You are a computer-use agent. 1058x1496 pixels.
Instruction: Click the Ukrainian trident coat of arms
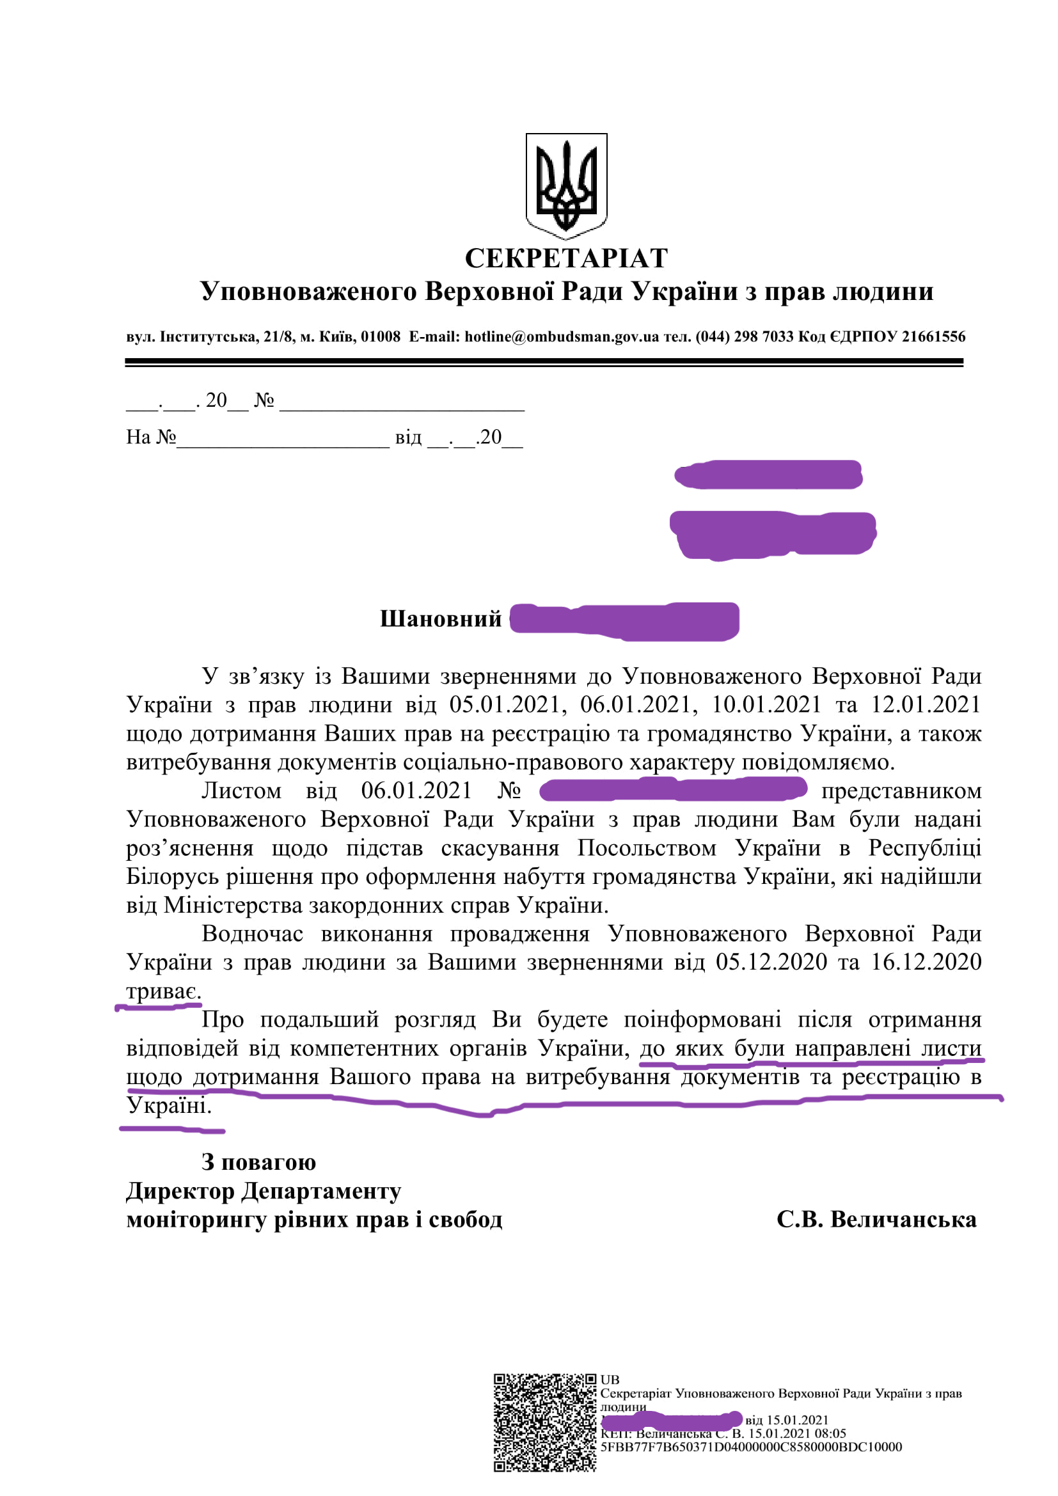tap(566, 185)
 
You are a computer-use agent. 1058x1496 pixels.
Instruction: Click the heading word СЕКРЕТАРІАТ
tap(566, 258)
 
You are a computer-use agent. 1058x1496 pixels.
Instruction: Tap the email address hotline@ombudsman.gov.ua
tap(562, 337)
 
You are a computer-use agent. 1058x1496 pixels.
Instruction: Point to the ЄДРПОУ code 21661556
tap(933, 337)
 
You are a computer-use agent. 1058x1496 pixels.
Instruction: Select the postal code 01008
tap(381, 337)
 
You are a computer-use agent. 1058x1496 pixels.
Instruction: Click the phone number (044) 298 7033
tap(745, 337)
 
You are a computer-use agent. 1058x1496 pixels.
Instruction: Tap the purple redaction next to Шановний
tap(624, 621)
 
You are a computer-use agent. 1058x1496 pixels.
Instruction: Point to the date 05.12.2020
tap(771, 962)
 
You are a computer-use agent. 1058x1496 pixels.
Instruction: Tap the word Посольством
tap(647, 847)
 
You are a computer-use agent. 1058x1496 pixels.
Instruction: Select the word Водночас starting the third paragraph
tap(252, 934)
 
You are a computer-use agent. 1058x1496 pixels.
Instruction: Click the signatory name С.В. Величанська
tap(876, 1220)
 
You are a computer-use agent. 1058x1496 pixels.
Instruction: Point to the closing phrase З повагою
tap(258, 1161)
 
